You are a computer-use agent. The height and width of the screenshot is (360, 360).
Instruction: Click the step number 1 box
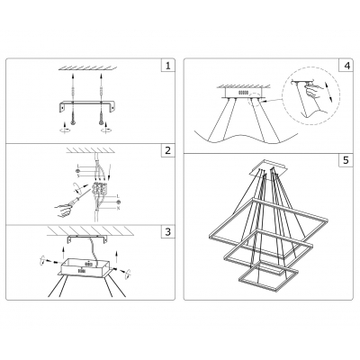[166, 66]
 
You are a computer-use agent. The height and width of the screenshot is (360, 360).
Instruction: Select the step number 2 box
[166, 150]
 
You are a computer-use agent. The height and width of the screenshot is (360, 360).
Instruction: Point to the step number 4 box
[346, 66]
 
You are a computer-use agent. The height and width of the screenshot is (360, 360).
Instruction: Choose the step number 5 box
[346, 161]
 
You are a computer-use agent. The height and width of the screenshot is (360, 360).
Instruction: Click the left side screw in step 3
[40, 263]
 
